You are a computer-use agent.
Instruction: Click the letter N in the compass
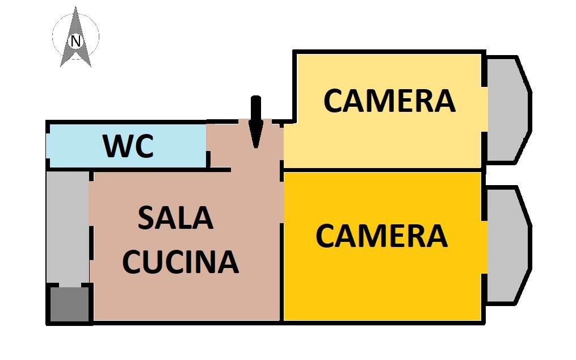[75, 41]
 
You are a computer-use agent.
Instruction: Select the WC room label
[128, 146]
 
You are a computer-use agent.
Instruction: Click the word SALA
[176, 218]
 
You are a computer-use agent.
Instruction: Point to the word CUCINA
[180, 262]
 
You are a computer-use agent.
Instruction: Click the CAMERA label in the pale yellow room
[389, 101]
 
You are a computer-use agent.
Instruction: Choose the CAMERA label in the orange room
[381, 236]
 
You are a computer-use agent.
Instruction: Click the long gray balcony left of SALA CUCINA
[67, 227]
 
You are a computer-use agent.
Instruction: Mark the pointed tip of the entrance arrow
[255, 146]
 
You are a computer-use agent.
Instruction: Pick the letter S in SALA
[145, 218]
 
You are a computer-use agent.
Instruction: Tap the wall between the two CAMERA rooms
[383, 169]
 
